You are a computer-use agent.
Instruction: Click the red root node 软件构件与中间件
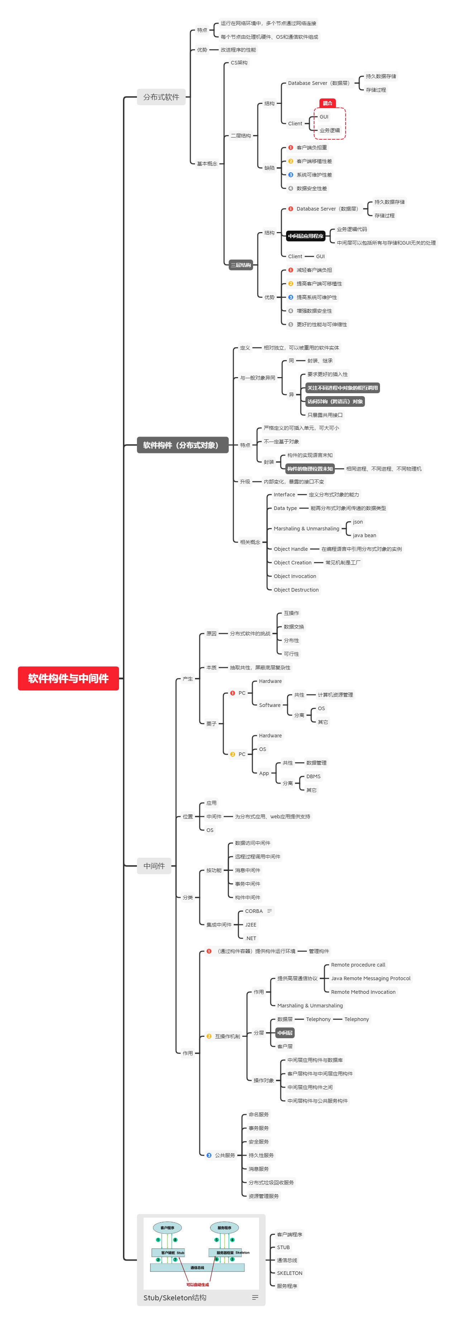point(68,678)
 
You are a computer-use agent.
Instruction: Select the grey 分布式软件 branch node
point(161,97)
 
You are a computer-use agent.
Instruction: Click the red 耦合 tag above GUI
point(327,103)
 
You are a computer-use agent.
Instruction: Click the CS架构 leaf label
point(239,63)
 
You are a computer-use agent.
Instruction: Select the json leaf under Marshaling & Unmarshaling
point(358,522)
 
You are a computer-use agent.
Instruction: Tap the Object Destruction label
point(296,589)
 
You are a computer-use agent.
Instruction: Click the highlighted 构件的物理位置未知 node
point(310,469)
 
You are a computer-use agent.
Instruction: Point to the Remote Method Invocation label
point(363,992)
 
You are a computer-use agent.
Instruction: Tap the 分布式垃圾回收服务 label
point(271,1183)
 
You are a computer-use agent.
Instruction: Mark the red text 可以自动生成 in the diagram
point(198,1284)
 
